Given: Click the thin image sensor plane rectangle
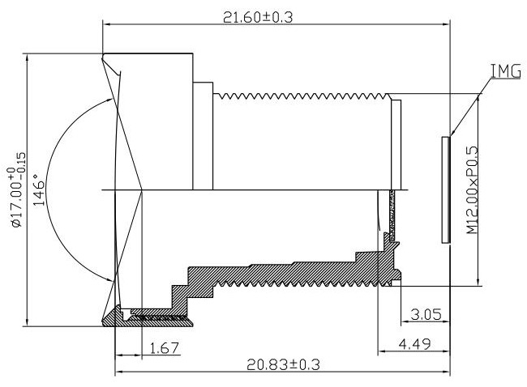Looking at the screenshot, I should [445, 189].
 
